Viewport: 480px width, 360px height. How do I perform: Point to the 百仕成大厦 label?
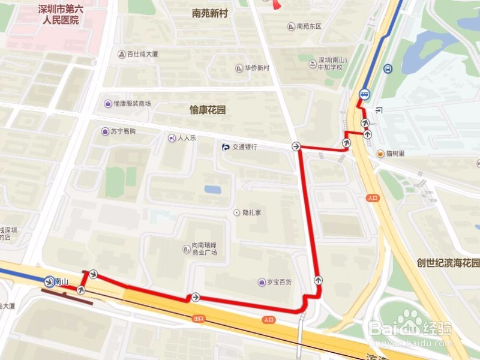tap(142, 54)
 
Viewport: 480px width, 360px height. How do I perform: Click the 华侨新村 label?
tap(257, 68)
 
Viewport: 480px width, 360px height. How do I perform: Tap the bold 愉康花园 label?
tap(207, 110)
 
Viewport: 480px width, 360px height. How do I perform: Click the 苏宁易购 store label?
tap(124, 131)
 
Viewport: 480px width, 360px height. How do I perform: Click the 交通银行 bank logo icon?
tap(225, 147)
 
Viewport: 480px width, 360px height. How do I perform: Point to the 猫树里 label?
tap(395, 154)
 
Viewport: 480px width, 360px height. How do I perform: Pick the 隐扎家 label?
tap(252, 212)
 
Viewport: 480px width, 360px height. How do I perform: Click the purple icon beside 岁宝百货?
tap(262, 282)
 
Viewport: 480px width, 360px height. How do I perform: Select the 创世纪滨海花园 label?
tap(449, 263)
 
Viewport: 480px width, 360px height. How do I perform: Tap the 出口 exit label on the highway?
tap(198, 318)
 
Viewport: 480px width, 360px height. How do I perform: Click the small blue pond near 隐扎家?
tap(212, 190)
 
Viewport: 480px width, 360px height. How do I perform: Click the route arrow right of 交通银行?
tap(296, 146)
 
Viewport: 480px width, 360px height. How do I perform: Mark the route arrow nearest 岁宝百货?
tap(317, 280)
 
